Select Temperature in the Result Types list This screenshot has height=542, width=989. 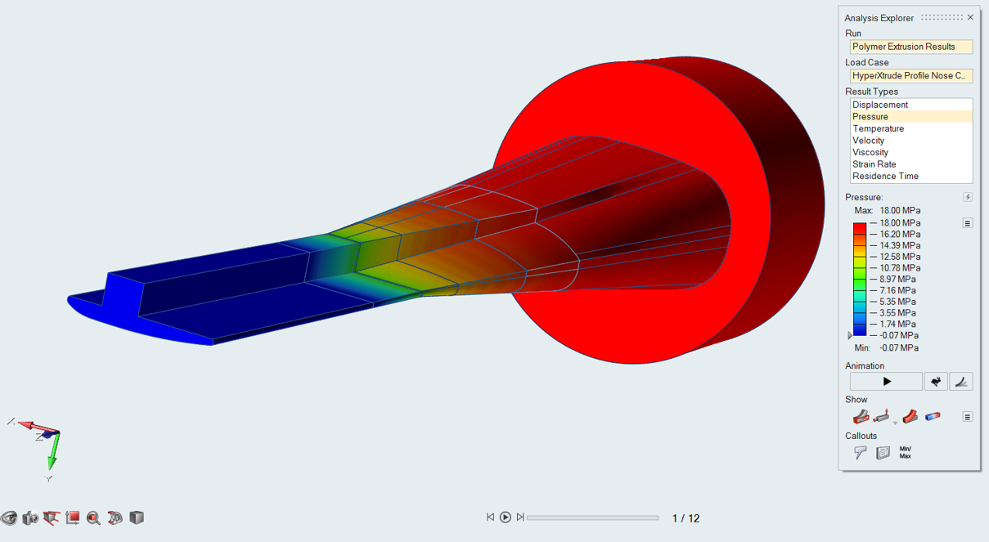(x=879, y=128)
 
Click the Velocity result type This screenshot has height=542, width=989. (x=868, y=141)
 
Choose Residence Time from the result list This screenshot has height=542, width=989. (x=885, y=176)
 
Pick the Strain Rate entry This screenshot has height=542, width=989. (x=874, y=164)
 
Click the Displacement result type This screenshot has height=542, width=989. (x=880, y=105)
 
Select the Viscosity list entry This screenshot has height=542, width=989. (x=870, y=152)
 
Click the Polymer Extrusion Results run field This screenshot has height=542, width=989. (x=911, y=47)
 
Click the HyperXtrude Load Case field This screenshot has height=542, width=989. (x=911, y=76)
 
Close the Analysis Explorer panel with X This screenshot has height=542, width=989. (x=970, y=17)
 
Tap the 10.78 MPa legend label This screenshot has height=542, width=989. (x=900, y=268)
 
